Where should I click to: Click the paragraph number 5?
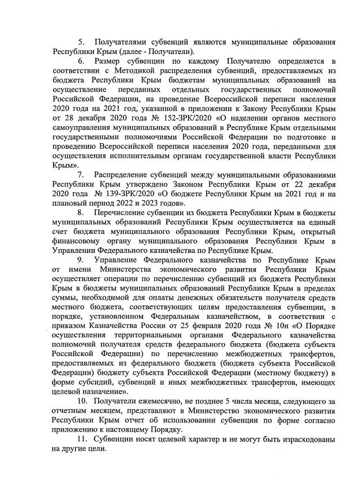point(81,42)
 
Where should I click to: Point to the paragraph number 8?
point(81,212)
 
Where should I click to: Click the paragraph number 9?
point(81,260)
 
